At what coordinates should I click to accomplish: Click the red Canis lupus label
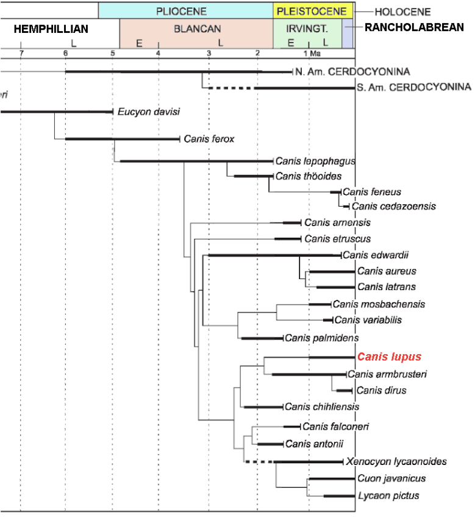coord(389,357)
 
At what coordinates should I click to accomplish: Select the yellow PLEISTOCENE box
coord(312,11)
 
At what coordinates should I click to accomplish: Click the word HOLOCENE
coord(402,12)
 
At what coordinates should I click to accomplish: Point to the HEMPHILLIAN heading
coord(51,29)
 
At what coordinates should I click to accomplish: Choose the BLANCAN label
coord(197,29)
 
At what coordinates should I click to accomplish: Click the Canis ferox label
coord(209,139)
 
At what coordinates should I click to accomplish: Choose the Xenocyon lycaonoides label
coord(396,461)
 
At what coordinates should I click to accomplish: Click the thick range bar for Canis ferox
coord(122,139)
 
